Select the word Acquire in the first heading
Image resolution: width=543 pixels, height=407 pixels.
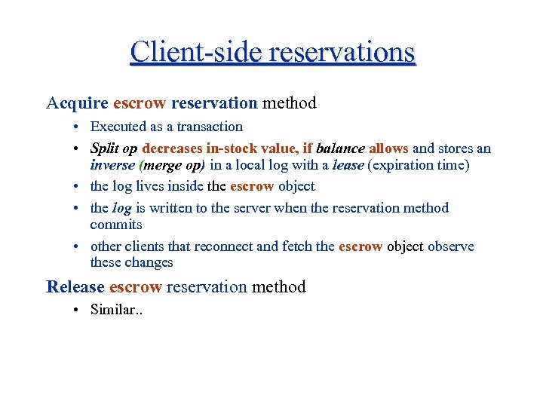[x=76, y=103]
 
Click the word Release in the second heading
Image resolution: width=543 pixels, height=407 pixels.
[x=75, y=286]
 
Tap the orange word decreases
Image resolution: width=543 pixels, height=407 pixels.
[x=172, y=148]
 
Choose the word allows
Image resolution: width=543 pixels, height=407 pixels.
[x=388, y=148]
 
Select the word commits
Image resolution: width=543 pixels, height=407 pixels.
[x=116, y=225]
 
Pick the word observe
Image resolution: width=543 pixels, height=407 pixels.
[x=451, y=246]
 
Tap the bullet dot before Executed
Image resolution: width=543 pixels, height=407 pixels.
[x=78, y=127]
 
